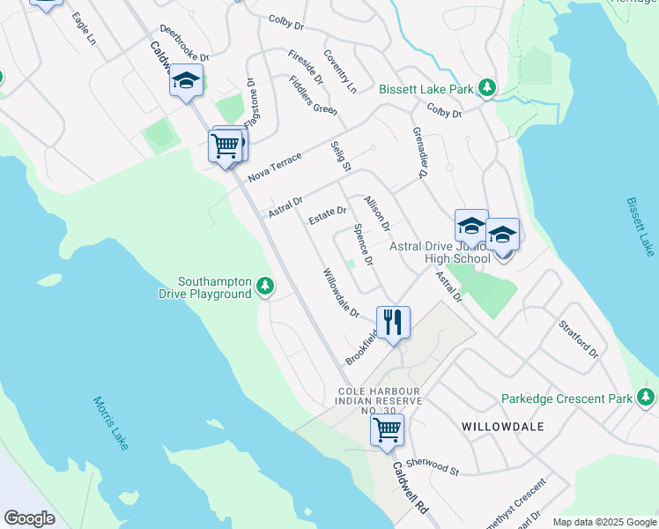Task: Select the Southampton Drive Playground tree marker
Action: coord(264,286)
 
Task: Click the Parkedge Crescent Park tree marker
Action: coord(648,397)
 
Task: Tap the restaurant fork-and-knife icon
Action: coord(393,322)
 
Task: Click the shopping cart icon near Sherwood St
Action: coord(387,430)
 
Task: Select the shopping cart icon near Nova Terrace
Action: coord(226,145)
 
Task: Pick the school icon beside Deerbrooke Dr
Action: coord(186,81)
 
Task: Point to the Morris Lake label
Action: coord(110,424)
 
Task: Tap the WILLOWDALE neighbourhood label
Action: coord(502,427)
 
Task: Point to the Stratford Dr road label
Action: coord(578,339)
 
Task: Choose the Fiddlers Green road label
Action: coord(313,95)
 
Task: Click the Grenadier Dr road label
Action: coord(419,153)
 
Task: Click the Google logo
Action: coord(29,518)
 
